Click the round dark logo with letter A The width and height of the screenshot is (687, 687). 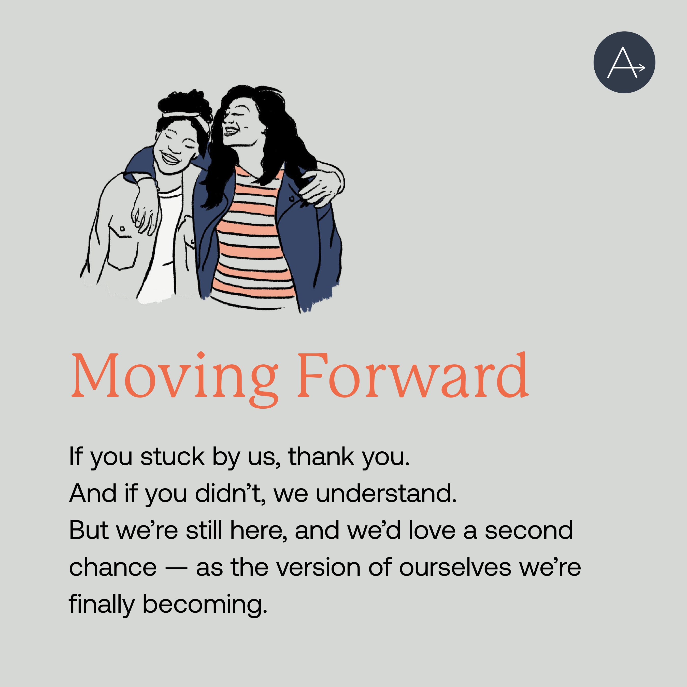click(624, 62)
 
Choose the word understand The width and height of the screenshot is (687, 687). click(386, 494)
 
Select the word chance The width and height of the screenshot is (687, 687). click(113, 567)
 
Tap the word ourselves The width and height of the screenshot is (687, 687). click(455, 567)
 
